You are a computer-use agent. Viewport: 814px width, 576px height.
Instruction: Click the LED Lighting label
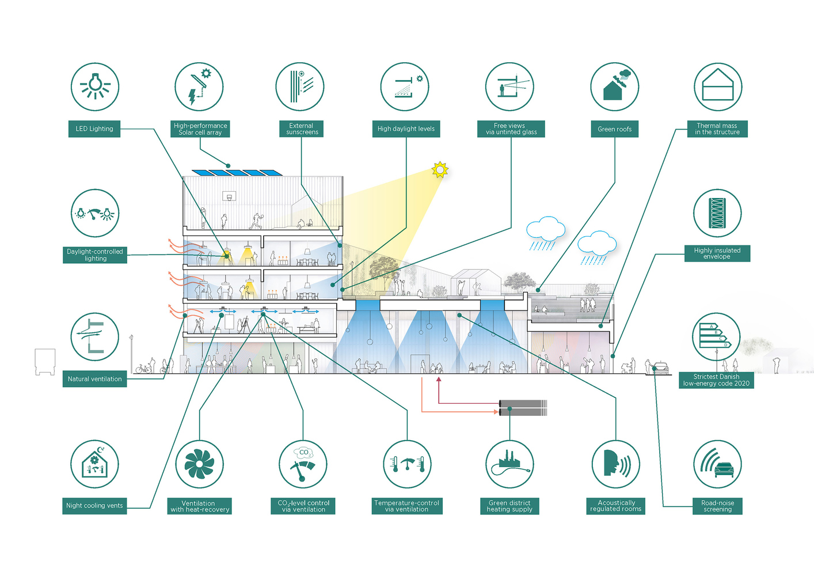[x=94, y=128]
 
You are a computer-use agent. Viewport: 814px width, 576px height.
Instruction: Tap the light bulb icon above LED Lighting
[x=95, y=87]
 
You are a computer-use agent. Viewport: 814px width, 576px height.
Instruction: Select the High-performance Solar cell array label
[x=200, y=129]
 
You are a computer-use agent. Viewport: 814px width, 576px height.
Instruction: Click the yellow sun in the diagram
[x=440, y=169]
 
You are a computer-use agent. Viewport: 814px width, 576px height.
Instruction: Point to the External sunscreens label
[x=302, y=129]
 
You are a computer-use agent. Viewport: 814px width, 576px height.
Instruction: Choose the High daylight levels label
[x=406, y=129]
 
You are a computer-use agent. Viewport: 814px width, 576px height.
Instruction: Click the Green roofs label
[x=614, y=129]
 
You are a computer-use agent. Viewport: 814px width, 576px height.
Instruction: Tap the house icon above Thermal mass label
[x=717, y=87]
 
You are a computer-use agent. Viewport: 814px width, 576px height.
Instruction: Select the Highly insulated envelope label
[x=717, y=253]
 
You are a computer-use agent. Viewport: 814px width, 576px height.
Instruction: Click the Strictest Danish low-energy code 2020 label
[x=716, y=380]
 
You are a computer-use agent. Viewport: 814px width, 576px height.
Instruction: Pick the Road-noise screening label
[x=717, y=506]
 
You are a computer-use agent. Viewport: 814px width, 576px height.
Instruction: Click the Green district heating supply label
[x=509, y=506]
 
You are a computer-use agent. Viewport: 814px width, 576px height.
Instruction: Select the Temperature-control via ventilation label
[x=406, y=506]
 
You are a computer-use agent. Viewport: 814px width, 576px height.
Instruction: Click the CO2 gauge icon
[x=303, y=464]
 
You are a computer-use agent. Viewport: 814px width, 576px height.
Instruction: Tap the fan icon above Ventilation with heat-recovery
[x=199, y=464]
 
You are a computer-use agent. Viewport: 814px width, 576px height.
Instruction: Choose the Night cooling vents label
[x=94, y=506]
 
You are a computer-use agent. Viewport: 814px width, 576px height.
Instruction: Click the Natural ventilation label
[x=94, y=379]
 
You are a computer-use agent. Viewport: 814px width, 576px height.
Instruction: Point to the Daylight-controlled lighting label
[x=95, y=255]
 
